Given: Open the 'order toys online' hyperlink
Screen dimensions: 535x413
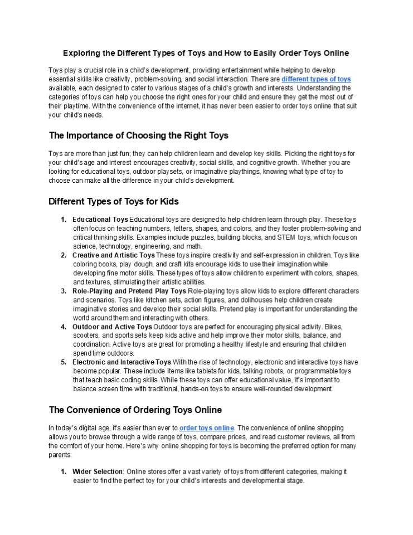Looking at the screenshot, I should coord(207,427).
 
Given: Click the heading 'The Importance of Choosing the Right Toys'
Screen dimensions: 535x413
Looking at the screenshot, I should coord(139,135).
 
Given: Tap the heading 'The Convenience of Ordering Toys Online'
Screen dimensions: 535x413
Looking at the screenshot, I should coord(135,410).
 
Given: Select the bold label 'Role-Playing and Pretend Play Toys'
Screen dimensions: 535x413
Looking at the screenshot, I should coord(129,291).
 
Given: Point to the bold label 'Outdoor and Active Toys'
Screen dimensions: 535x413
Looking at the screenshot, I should coord(112,327).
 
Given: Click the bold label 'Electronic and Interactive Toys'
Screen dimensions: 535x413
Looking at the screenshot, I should coord(122,362).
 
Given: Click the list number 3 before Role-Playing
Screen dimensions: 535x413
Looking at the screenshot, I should coord(63,291).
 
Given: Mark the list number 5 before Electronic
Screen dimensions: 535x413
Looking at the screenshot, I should coord(63,362).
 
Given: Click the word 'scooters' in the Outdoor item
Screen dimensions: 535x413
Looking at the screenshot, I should coord(86,335).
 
